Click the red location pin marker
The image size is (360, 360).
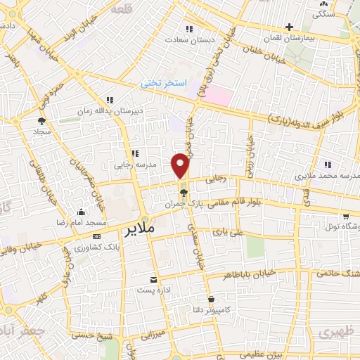pos(181,165)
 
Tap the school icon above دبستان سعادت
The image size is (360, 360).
pos(188,28)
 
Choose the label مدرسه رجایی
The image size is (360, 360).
pos(133,166)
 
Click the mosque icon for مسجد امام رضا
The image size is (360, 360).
pos(82,212)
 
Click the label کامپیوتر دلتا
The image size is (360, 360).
pos(211,309)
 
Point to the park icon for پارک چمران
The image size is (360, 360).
pos(184,192)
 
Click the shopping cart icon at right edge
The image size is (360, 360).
pos(345,217)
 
